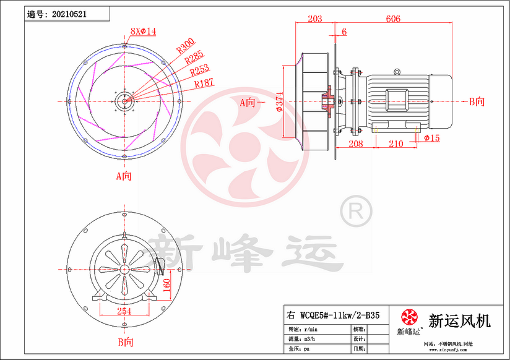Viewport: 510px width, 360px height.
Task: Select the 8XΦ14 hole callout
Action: tap(143, 30)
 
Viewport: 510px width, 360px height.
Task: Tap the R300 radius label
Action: tap(185, 45)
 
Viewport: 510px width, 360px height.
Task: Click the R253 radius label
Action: tap(200, 71)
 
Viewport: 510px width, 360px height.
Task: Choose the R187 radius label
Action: tap(204, 83)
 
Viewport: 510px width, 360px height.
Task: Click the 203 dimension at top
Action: tap(314, 19)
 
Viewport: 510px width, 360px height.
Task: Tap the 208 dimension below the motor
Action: tap(355, 144)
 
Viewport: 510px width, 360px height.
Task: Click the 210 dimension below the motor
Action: tap(395, 144)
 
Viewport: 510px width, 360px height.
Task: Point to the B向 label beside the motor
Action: tap(477, 101)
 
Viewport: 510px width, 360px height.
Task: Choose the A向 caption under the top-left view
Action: tap(124, 176)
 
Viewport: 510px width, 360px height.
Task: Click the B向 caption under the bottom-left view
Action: tap(125, 341)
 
